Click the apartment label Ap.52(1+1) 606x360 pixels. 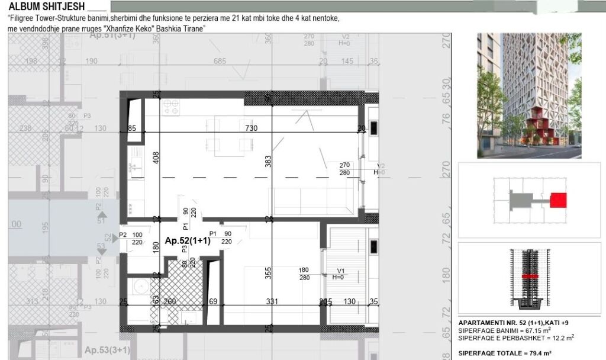186,241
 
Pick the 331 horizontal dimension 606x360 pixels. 272,302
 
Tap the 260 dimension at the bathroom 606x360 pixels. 170,302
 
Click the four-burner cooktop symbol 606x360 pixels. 172,107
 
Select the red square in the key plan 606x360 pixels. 558,200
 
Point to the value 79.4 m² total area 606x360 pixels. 539,353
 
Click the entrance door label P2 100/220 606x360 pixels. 133,238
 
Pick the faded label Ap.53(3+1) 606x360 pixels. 107,350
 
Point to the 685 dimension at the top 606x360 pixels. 220,61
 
